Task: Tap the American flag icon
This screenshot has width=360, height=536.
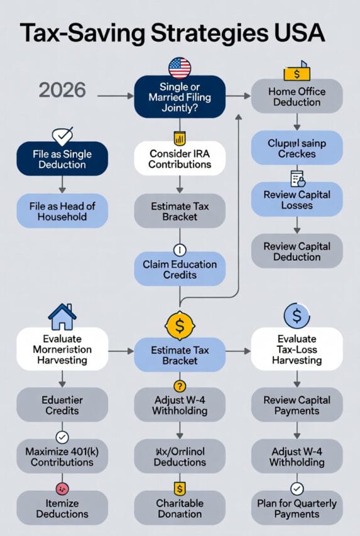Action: (x=180, y=67)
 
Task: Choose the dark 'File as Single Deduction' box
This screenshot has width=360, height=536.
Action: (x=62, y=158)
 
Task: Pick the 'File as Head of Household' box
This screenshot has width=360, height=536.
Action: (x=62, y=211)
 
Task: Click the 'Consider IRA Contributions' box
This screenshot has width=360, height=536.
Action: (x=180, y=158)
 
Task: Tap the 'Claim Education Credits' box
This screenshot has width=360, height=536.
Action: (x=180, y=269)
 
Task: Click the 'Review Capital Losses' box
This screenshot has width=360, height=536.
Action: (x=297, y=200)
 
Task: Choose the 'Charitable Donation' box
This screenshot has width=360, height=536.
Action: (x=180, y=508)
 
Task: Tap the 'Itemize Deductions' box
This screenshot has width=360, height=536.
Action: (x=62, y=508)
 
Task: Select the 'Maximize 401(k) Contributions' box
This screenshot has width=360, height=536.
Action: (x=62, y=457)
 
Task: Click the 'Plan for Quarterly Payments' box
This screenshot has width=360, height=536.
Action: (x=297, y=508)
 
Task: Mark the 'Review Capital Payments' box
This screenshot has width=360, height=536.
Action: (x=297, y=405)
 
